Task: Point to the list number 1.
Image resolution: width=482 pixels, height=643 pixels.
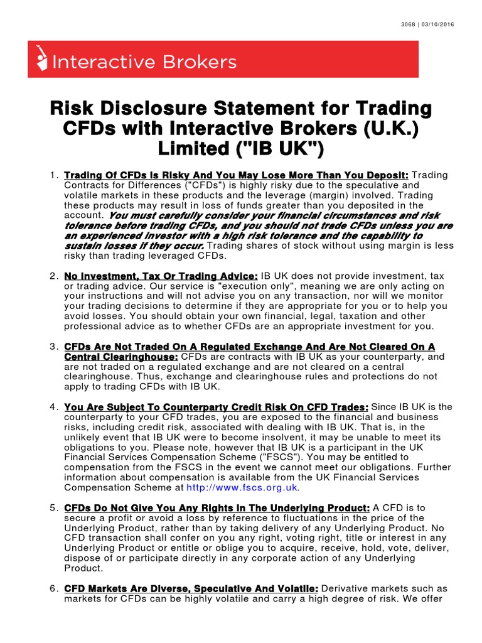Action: (x=53, y=175)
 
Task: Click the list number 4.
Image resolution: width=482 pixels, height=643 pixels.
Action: (x=53, y=407)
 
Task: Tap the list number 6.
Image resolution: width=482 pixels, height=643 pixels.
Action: (x=53, y=589)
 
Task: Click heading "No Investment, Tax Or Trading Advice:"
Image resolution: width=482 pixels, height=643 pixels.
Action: (x=161, y=276)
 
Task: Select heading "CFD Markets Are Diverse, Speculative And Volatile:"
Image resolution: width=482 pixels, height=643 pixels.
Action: (x=191, y=589)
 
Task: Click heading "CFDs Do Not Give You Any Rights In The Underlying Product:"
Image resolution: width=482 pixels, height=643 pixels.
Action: (x=217, y=507)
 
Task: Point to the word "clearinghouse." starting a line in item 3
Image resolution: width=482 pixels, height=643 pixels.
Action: (x=92, y=377)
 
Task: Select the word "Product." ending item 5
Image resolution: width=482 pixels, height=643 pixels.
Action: (x=83, y=568)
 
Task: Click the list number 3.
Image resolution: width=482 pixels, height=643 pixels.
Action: (x=53, y=347)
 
